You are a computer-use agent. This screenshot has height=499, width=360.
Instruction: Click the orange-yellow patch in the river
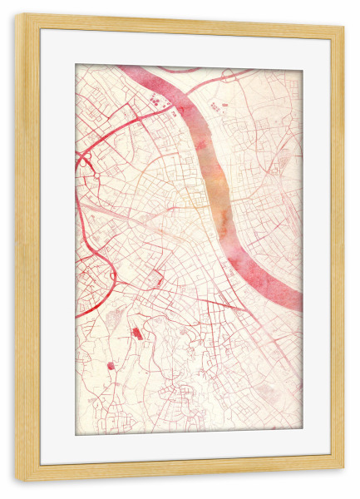pyautogui.click(x=218, y=187)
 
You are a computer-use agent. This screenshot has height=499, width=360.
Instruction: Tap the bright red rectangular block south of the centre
pyautogui.click(x=137, y=333)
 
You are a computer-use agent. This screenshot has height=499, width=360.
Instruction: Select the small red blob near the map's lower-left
pyautogui.click(x=111, y=365)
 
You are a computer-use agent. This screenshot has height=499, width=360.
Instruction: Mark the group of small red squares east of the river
pyautogui.click(x=218, y=106)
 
